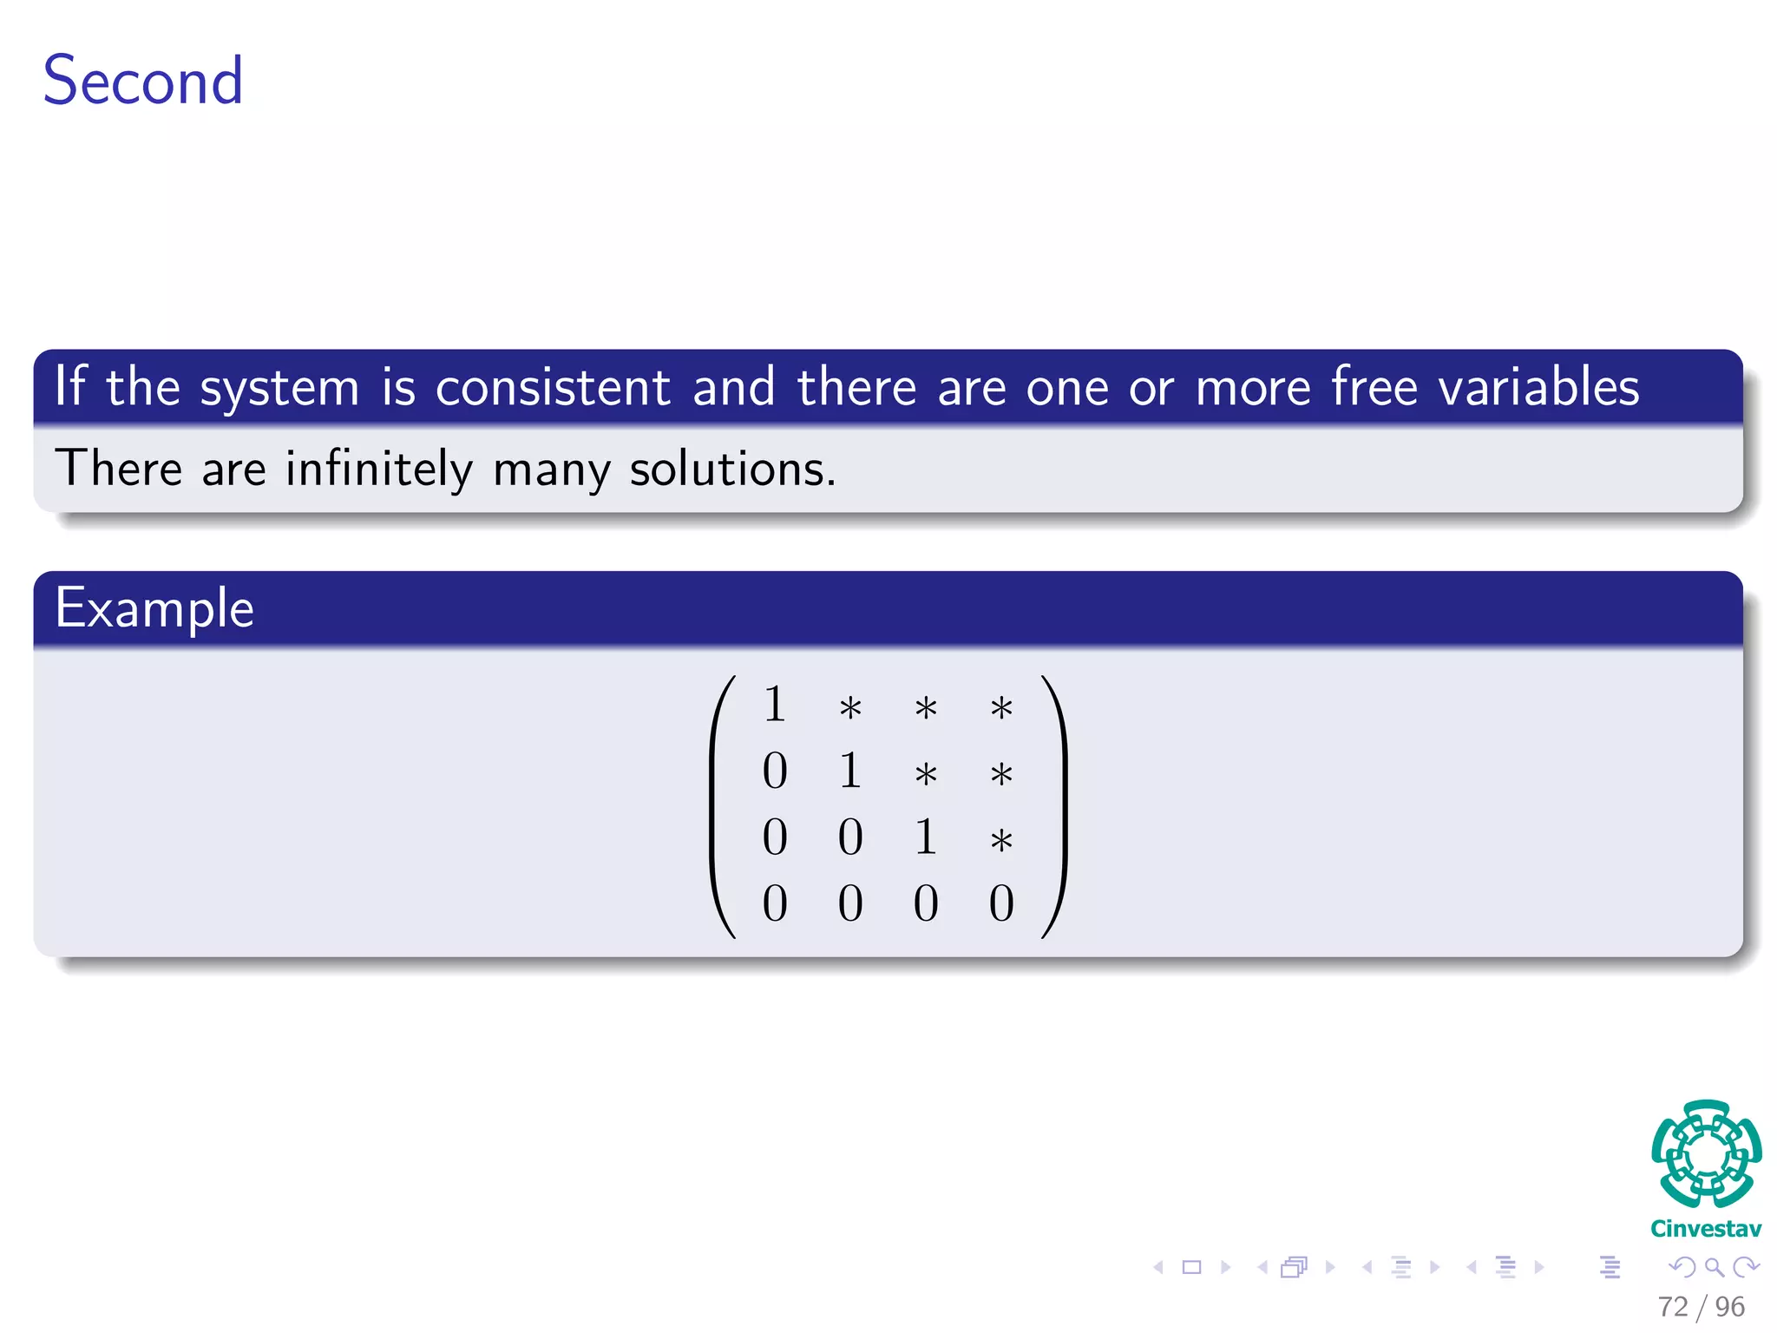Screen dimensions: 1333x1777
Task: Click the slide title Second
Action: tap(143, 81)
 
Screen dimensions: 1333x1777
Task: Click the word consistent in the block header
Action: tap(553, 387)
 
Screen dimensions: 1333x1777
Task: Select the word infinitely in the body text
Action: tap(379, 470)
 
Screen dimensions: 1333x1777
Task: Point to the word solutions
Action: tap(731, 470)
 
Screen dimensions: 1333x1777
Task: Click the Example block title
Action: tap(154, 608)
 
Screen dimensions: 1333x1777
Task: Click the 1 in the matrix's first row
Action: tap(775, 704)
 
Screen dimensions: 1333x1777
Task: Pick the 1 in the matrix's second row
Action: tap(850, 771)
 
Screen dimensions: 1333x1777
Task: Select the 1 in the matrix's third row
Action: tap(926, 837)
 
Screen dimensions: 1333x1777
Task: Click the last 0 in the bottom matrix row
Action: tap(1001, 903)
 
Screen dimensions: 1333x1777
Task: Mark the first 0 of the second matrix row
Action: tap(775, 771)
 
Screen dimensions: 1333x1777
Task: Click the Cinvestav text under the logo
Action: tap(1706, 1229)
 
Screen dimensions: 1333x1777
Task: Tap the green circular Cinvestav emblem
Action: tap(1706, 1154)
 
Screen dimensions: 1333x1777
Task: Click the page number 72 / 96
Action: tap(1701, 1306)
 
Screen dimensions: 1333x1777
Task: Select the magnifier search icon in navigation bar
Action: tap(1714, 1267)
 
